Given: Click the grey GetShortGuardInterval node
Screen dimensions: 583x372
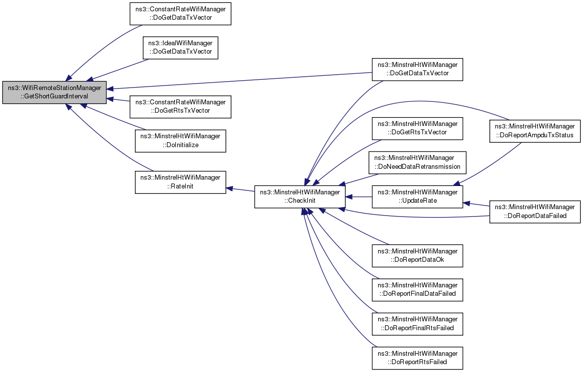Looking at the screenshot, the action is (x=55, y=92).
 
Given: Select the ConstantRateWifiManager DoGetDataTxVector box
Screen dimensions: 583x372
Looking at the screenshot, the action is (x=180, y=14).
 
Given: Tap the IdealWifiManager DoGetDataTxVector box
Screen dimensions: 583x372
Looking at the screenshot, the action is (x=180, y=48).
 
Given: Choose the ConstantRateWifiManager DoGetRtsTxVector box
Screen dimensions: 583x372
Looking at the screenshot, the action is (x=180, y=107).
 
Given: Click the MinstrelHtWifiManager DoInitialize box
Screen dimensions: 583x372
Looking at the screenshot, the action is (x=180, y=141).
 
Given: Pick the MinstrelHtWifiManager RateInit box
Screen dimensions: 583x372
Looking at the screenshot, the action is (x=180, y=182).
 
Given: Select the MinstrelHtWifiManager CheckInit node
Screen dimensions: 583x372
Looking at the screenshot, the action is (x=300, y=197).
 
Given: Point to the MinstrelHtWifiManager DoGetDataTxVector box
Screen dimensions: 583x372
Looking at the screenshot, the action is (x=418, y=69).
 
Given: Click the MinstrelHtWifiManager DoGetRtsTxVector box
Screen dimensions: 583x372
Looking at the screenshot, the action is (x=418, y=128).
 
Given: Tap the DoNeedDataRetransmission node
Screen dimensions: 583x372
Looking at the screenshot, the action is (x=418, y=162).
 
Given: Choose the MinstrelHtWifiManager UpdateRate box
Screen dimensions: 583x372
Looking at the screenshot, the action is (x=418, y=197).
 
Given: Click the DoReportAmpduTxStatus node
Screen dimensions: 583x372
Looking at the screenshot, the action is (x=535, y=131).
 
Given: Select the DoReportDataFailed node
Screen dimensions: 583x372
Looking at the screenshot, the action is (x=535, y=212).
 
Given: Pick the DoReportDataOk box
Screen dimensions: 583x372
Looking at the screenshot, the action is (x=418, y=256).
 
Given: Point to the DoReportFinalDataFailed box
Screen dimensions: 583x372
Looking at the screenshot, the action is (x=418, y=290).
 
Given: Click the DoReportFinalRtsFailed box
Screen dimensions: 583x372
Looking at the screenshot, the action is (x=418, y=324).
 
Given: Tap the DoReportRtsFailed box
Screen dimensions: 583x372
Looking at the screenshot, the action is (x=418, y=358).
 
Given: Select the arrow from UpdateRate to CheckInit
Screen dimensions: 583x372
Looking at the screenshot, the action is (x=359, y=197).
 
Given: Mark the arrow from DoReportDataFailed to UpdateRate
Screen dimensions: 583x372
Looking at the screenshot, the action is (x=476, y=204).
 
